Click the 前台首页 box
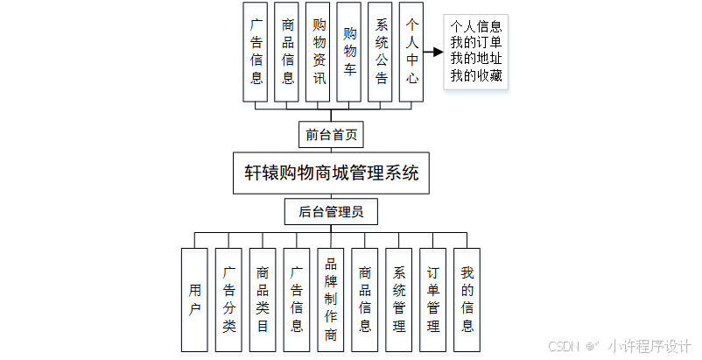point(331,135)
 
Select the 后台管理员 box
point(331,211)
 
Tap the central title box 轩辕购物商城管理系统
point(331,173)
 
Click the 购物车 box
point(350,53)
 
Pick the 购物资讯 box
point(319,53)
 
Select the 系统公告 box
point(381,53)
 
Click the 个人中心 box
point(411,53)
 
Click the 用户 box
point(194,300)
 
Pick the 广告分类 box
point(228,300)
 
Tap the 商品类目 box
point(263,300)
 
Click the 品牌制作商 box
point(331,300)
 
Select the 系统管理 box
point(399,300)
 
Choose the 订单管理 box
point(433,300)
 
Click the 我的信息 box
point(467,300)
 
